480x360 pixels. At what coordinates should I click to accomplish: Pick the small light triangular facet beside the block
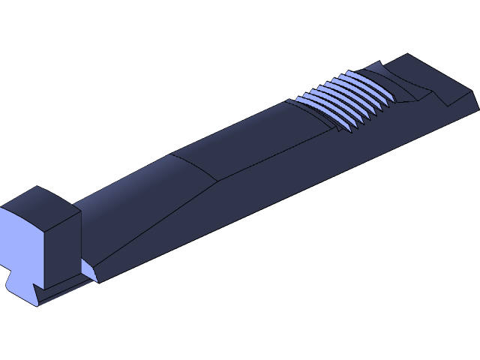(88, 269)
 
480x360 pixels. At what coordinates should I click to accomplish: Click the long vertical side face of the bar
(300, 180)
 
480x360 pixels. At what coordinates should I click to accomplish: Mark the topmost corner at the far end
(409, 54)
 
